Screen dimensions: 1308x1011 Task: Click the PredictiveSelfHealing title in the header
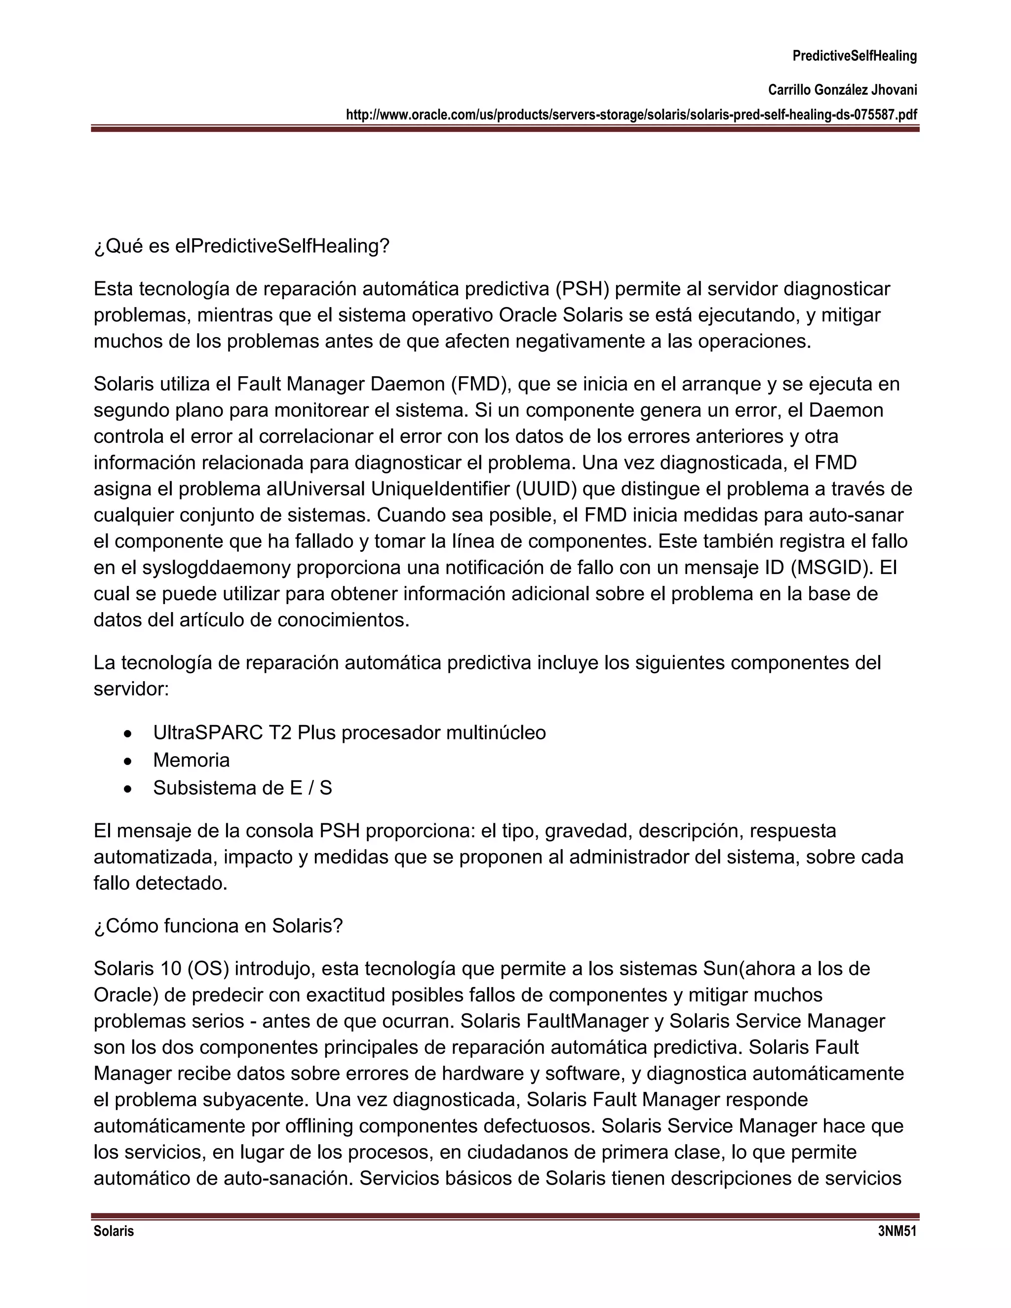click(854, 56)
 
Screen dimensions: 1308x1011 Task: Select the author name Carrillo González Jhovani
click(842, 90)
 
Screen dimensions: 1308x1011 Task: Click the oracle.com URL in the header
click(631, 115)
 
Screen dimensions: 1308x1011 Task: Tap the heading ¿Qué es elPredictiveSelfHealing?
click(241, 246)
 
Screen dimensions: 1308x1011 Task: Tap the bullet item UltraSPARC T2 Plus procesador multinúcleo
click(349, 733)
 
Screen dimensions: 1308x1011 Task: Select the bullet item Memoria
click(191, 761)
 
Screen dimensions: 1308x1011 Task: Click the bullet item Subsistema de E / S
click(242, 788)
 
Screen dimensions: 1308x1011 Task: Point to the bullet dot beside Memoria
click(127, 761)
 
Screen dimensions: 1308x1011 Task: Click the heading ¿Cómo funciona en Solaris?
click(218, 926)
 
